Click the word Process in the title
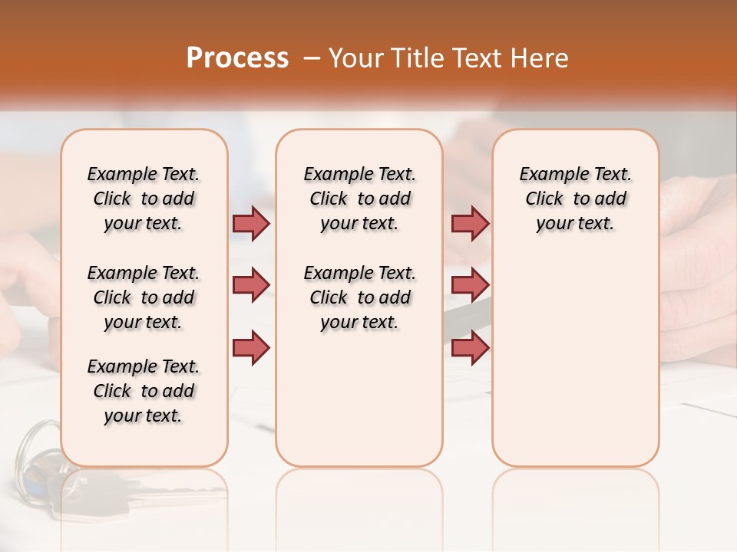tap(237, 58)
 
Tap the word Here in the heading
tap(540, 58)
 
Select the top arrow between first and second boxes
tap(251, 223)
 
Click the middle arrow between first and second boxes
tap(251, 285)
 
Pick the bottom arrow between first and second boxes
tap(251, 348)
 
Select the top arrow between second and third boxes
tap(470, 223)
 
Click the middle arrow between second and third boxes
tap(470, 285)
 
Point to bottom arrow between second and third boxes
tap(470, 348)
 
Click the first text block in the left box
tap(144, 199)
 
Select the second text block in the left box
tap(144, 297)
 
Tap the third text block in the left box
tap(144, 391)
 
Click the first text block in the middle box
tap(359, 199)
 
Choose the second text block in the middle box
tap(359, 297)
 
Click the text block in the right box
tap(575, 199)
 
